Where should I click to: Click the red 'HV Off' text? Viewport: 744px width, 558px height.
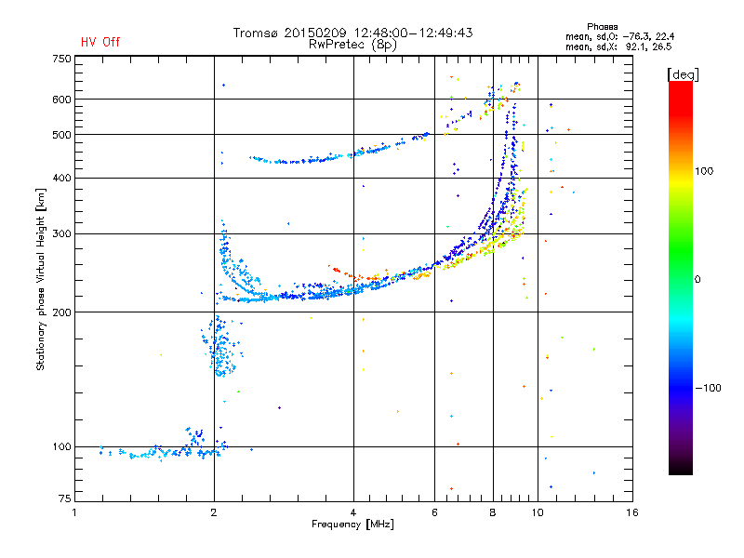pyautogui.click(x=100, y=42)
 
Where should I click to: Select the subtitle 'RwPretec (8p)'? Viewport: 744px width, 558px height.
pyautogui.click(x=352, y=45)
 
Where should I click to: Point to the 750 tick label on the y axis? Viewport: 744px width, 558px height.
pyautogui.click(x=61, y=59)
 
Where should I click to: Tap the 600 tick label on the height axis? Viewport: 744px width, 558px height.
pyautogui.click(x=61, y=100)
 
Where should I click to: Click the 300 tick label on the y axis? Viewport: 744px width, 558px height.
pyautogui.click(x=61, y=233)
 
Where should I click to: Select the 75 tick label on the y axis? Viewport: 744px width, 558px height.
pyautogui.click(x=65, y=498)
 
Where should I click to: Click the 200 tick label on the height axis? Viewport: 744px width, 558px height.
pyautogui.click(x=61, y=312)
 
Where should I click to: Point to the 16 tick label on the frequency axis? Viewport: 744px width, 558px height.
pyautogui.click(x=632, y=512)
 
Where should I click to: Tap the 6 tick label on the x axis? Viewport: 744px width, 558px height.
pyautogui.click(x=434, y=512)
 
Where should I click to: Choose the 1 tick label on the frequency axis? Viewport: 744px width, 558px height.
pyautogui.click(x=74, y=512)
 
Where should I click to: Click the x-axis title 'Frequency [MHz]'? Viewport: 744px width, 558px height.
pyautogui.click(x=352, y=525)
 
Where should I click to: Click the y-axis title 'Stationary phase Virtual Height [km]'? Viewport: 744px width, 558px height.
pyautogui.click(x=41, y=279)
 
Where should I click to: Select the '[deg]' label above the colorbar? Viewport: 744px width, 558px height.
pyautogui.click(x=683, y=74)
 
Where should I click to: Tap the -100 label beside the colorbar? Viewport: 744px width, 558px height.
pyautogui.click(x=708, y=388)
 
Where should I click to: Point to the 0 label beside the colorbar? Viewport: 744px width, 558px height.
pyautogui.click(x=697, y=279)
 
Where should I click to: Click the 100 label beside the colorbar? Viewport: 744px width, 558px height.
pyautogui.click(x=704, y=171)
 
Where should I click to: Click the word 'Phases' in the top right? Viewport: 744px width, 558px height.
pyautogui.click(x=602, y=27)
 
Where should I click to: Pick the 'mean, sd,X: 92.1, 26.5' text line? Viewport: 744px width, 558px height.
pyautogui.click(x=618, y=47)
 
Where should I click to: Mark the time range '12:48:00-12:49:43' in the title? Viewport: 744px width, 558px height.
pyautogui.click(x=413, y=33)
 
